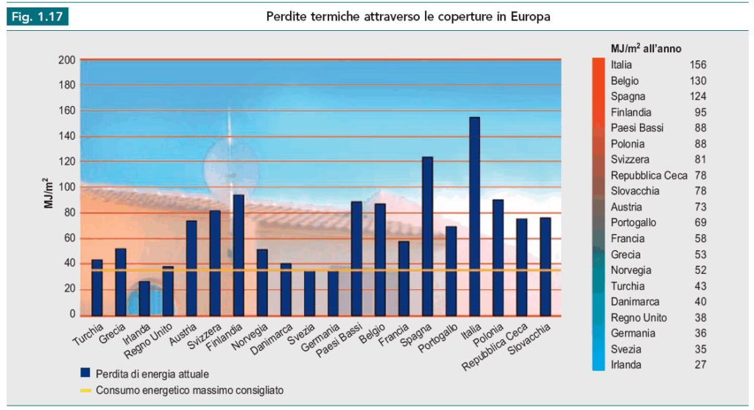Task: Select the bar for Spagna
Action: pos(427,236)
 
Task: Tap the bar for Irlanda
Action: pos(144,297)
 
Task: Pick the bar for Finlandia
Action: pos(239,255)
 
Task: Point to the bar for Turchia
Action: pos(97,287)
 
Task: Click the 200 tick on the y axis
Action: pos(67,60)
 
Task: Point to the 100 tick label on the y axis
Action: pos(67,187)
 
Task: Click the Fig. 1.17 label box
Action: pos(38,16)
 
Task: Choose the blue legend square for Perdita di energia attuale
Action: pos(85,372)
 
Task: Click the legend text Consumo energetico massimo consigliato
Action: pos(190,389)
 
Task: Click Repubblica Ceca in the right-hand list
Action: pos(649,175)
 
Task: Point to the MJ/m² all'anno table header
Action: pos(646,48)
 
